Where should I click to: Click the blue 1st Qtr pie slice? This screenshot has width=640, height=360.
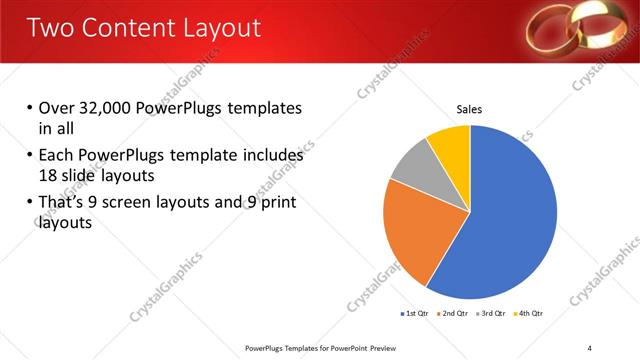(x=510, y=220)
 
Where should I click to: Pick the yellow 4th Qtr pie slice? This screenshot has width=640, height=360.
(x=450, y=145)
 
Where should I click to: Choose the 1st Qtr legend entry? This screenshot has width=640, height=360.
(x=415, y=313)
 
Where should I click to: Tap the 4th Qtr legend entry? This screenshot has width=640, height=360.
(x=528, y=313)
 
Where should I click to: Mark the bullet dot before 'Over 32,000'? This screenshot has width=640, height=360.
(x=30, y=108)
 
